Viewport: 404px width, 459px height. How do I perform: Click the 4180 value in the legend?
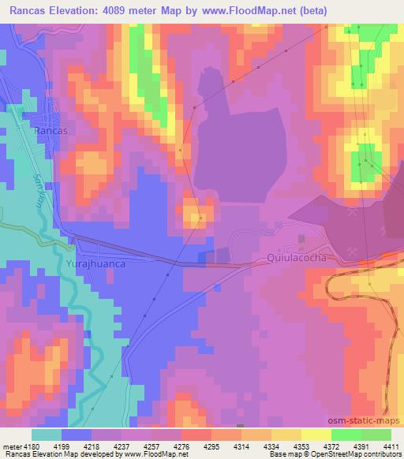31,446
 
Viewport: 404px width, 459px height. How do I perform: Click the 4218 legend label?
92,446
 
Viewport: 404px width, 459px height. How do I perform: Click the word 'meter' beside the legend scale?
10,446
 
